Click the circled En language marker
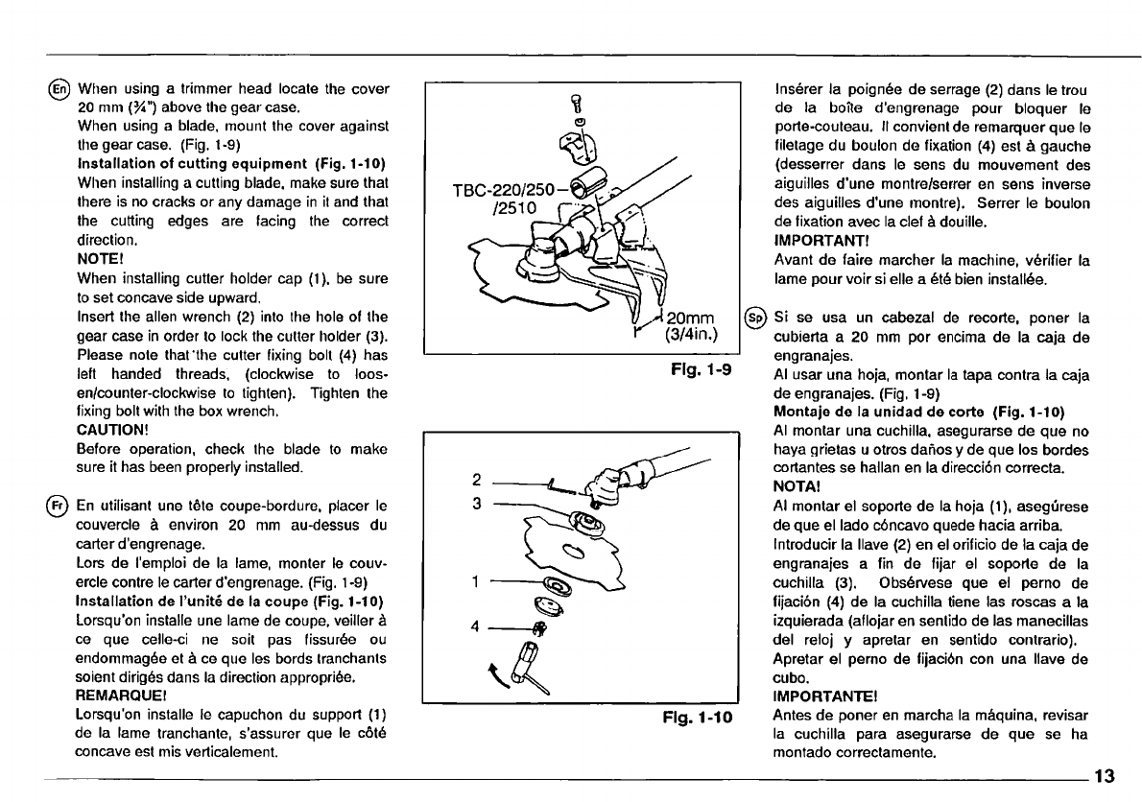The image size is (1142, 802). tap(64, 90)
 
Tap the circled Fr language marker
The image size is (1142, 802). tap(64, 507)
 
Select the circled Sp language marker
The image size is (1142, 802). tap(754, 317)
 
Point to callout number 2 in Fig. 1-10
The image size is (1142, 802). tap(477, 479)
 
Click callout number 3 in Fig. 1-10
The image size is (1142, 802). tap(477, 503)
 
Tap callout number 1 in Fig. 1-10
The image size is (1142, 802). tap(477, 581)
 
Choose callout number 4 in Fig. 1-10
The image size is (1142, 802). tap(477, 629)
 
